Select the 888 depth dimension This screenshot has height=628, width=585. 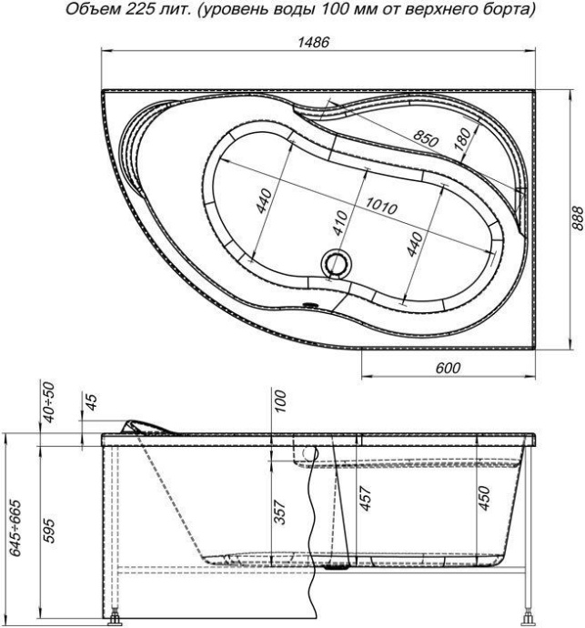(x=573, y=218)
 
